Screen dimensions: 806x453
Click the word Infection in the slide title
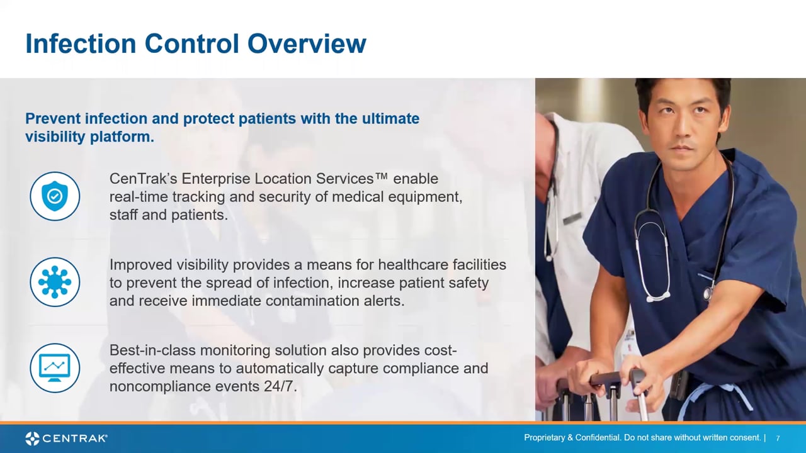(81, 43)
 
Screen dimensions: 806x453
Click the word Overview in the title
(307, 43)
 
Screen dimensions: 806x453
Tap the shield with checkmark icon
(55, 196)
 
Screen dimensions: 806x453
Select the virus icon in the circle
(55, 282)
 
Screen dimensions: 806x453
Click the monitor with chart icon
(55, 368)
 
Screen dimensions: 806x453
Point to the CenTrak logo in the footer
(67, 439)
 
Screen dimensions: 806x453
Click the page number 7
(778, 439)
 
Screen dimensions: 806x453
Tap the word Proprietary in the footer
(544, 437)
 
